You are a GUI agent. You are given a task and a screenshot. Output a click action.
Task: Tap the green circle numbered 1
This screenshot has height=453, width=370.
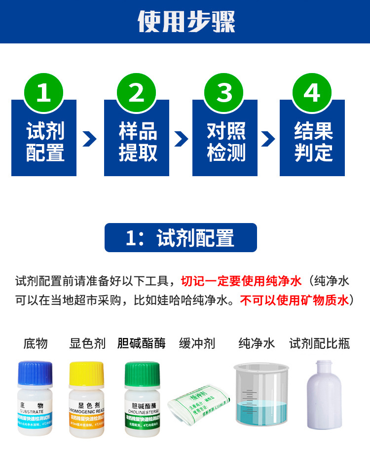pyautogui.click(x=43, y=92)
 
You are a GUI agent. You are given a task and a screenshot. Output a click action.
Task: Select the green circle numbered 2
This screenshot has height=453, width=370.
pyautogui.click(x=136, y=92)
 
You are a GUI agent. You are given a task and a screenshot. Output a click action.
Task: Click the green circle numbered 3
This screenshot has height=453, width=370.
pyautogui.click(x=224, y=92)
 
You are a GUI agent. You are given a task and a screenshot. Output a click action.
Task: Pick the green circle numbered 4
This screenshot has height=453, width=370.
pyautogui.click(x=312, y=92)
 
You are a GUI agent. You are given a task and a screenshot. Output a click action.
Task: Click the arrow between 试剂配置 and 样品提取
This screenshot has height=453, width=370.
pyautogui.click(x=90, y=139)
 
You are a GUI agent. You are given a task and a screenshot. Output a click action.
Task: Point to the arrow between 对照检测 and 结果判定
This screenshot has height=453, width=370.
pyautogui.click(x=268, y=139)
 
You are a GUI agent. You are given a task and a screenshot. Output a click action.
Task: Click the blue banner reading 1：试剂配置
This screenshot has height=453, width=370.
pyautogui.click(x=181, y=238)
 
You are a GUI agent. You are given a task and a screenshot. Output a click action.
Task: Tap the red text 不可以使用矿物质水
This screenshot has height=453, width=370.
pyautogui.click(x=294, y=300)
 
